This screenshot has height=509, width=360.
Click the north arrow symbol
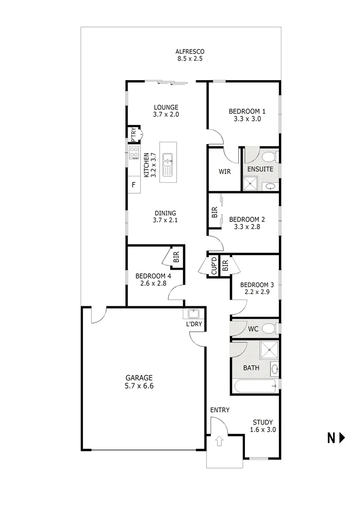coord(342,438)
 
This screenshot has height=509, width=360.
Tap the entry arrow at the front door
coord(219,442)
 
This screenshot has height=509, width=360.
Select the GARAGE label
coord(139,378)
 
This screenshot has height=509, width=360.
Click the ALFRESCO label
coord(190,52)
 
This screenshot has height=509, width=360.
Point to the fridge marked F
coord(134,184)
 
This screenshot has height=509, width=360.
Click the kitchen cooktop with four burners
coord(134,152)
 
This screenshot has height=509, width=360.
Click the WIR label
coord(225,172)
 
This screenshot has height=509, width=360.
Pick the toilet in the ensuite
coord(269,156)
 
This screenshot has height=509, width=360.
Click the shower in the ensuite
coord(251,183)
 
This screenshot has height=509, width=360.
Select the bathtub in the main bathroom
coord(254,386)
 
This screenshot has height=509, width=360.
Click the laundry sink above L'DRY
coord(193,313)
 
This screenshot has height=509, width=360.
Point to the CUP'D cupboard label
coord(213,266)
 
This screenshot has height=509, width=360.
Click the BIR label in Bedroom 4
coord(176,258)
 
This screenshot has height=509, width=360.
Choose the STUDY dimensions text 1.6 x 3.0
coord(262,430)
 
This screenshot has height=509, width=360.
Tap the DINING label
coord(164,213)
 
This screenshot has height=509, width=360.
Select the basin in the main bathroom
coord(275,369)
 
